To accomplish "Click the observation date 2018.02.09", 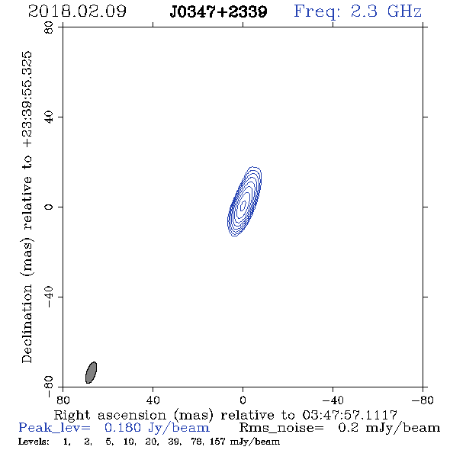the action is coord(77,11).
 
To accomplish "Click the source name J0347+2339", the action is coord(218,11).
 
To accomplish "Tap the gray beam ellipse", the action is coord(91,372).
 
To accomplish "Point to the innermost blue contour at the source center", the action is coord(243,205).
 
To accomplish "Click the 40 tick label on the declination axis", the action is coord(49,117).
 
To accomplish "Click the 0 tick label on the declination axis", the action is coord(49,207).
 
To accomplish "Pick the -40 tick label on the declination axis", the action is coord(49,297).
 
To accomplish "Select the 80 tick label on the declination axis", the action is coord(49,27).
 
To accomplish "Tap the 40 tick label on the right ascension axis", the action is coord(153,400).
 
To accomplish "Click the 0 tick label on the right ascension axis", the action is coord(243,400).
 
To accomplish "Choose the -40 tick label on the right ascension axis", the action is coord(333,400).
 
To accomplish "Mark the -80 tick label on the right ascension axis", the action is coord(423,400).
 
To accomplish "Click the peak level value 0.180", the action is coord(123,428).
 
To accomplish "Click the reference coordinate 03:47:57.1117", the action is coord(349,415).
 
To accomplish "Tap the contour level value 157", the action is coord(217,441).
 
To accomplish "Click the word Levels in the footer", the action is coord(34,442).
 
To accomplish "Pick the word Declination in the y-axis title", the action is coord(27,323).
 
